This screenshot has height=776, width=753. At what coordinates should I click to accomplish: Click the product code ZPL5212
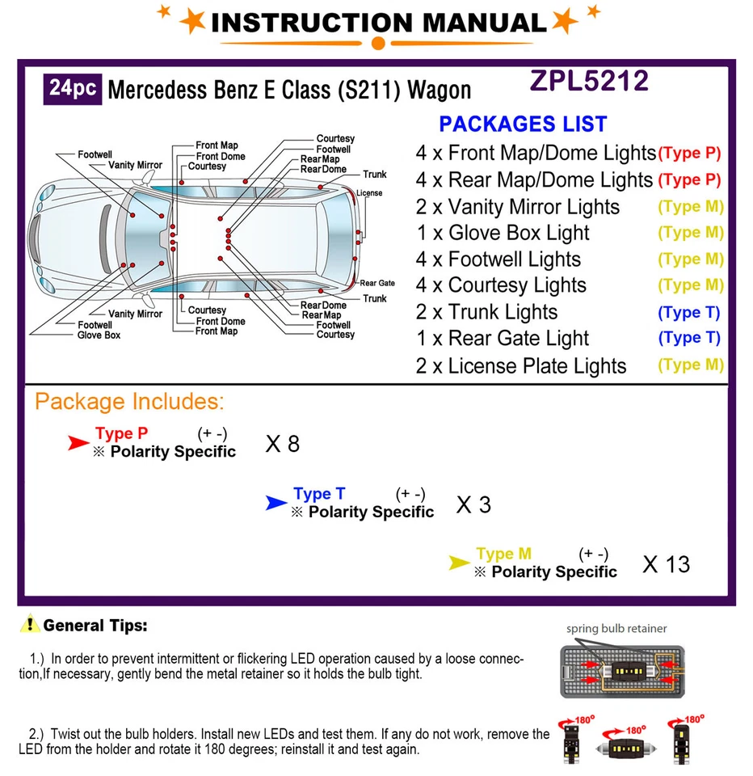pyautogui.click(x=589, y=82)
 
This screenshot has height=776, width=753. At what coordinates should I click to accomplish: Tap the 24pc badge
pyautogui.click(x=73, y=87)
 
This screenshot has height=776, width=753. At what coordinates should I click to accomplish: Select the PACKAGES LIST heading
pyautogui.click(x=523, y=124)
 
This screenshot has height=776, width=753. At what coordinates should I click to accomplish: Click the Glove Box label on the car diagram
pyautogui.click(x=99, y=335)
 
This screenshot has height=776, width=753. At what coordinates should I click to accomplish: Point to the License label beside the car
pyautogui.click(x=369, y=193)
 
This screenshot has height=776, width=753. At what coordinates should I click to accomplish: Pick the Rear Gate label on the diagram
pyautogui.click(x=377, y=283)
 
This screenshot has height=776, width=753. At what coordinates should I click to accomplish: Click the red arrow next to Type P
pyautogui.click(x=78, y=442)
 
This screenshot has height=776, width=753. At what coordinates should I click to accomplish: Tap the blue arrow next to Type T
pyautogui.click(x=276, y=504)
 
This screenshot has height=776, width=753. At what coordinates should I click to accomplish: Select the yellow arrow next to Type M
pyautogui.click(x=459, y=563)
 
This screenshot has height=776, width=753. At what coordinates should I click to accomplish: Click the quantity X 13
pyautogui.click(x=666, y=564)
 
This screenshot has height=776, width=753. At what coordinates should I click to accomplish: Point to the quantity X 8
pyautogui.click(x=282, y=444)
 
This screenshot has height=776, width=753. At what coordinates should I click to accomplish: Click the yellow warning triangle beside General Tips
pyautogui.click(x=30, y=624)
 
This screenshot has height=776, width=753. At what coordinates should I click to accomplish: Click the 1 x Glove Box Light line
pyautogui.click(x=503, y=234)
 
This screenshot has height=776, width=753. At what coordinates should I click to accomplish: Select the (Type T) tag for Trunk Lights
pyautogui.click(x=688, y=313)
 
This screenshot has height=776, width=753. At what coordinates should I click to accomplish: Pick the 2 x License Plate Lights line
pyautogui.click(x=521, y=366)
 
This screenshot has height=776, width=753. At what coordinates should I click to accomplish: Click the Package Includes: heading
pyautogui.click(x=129, y=402)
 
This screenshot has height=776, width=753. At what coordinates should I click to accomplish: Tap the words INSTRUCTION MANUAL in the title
pyautogui.click(x=378, y=23)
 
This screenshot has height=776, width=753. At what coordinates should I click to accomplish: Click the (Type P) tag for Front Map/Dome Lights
pyautogui.click(x=689, y=153)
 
